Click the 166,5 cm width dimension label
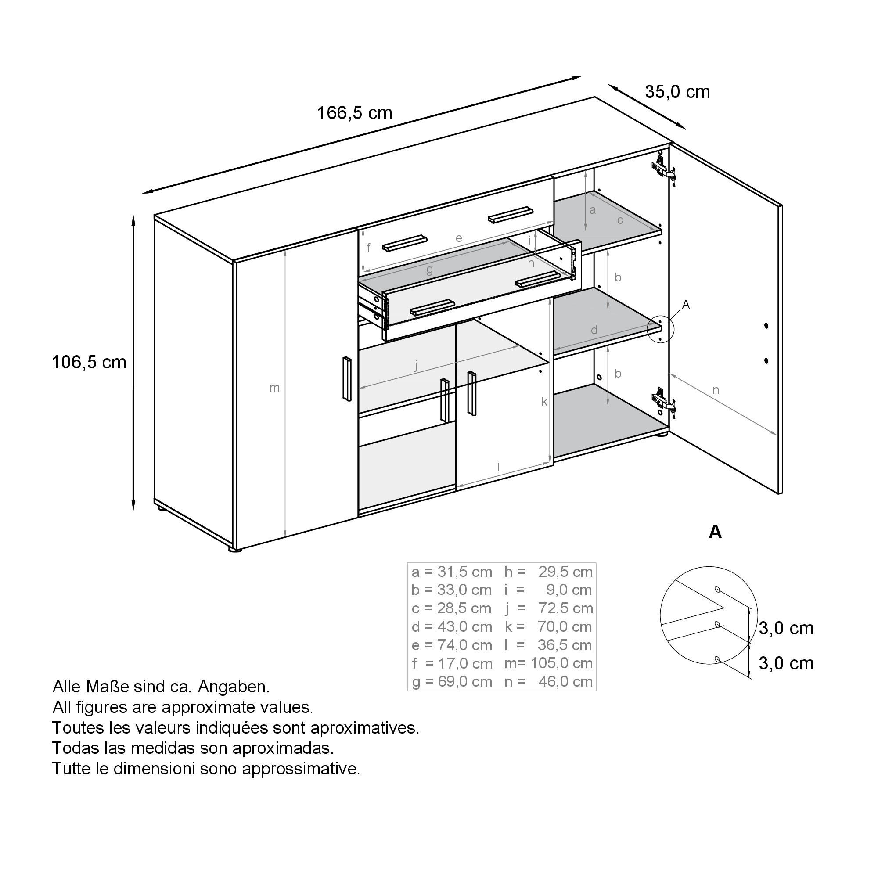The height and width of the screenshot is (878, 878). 354,113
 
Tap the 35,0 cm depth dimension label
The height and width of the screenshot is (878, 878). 677,92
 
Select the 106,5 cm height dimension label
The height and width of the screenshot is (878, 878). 89,362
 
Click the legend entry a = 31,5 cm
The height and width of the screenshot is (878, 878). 452,572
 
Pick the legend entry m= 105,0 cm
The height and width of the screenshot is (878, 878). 548,663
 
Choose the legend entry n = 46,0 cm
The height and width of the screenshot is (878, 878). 548,681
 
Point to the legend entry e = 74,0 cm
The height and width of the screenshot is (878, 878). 452,645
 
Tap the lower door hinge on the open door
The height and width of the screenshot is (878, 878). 663,402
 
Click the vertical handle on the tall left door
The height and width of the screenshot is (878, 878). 347,379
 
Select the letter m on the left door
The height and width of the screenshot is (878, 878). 274,388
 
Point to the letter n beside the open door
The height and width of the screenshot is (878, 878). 716,389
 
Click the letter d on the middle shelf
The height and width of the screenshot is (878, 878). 594,331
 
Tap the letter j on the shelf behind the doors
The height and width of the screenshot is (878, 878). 416,365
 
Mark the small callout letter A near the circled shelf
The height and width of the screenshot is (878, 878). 686,305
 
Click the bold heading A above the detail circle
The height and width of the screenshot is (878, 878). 715,531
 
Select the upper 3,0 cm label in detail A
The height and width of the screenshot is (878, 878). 786,628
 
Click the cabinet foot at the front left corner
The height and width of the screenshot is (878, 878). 234,550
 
